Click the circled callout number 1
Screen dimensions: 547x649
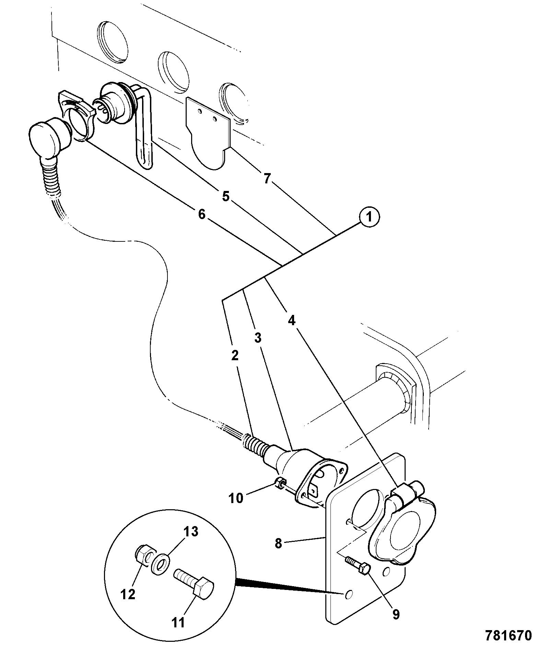click(x=369, y=217)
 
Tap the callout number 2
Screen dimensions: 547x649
click(x=235, y=356)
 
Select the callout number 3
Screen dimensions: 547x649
click(x=258, y=338)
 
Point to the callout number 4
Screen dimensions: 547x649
click(x=291, y=321)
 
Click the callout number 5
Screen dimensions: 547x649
click(x=225, y=197)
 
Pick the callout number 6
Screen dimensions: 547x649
click(x=201, y=215)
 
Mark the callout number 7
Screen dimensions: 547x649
click(x=267, y=179)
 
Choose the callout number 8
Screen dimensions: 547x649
click(x=278, y=544)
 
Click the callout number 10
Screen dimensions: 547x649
click(x=236, y=498)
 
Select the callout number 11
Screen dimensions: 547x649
click(x=178, y=622)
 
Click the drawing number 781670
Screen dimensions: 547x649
click(x=508, y=635)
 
